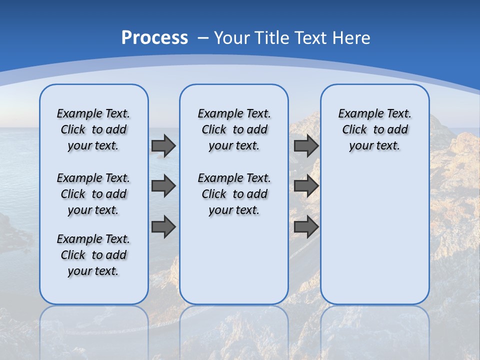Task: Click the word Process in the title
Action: point(154,38)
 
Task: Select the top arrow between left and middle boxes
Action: point(163,145)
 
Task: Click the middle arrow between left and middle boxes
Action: point(163,186)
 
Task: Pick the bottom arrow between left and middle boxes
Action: point(163,227)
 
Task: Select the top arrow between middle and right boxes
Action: point(306,145)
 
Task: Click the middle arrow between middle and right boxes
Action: point(306,186)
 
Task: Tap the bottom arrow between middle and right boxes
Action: point(306,227)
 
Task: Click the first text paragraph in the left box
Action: point(93,129)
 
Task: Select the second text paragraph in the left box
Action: point(93,194)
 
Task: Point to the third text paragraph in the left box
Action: point(93,255)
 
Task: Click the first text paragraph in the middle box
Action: point(234,129)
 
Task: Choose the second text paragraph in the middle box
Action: point(234,194)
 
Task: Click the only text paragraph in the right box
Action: point(375,129)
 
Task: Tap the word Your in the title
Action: point(232,38)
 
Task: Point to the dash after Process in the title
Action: point(203,38)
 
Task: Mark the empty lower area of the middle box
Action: point(234,260)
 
